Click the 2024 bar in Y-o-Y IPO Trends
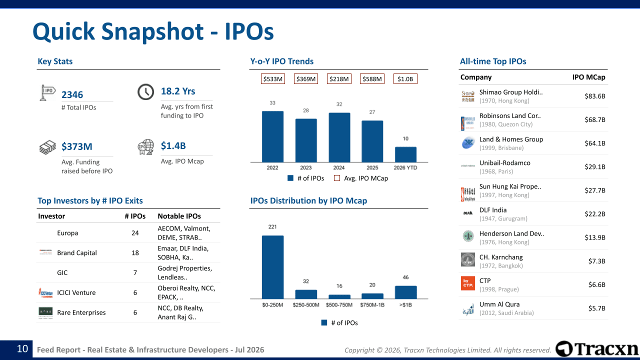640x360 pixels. [x=339, y=137]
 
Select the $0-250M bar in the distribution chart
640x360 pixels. [x=272, y=267]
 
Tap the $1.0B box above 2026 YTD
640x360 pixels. [x=405, y=79]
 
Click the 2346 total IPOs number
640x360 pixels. [x=72, y=94]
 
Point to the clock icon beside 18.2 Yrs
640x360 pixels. [x=145, y=91]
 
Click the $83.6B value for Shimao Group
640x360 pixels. [x=595, y=96]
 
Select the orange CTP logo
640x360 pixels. [x=467, y=283]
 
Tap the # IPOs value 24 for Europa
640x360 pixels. [x=135, y=233]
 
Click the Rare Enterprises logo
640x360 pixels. [x=45, y=312]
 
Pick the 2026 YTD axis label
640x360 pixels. [x=405, y=167]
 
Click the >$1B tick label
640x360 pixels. [x=405, y=305]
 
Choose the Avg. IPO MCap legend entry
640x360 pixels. [x=361, y=178]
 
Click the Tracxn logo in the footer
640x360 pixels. [x=596, y=349]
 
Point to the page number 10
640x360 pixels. [x=22, y=349]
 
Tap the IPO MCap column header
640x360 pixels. [x=588, y=77]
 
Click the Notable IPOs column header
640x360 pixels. [x=179, y=216]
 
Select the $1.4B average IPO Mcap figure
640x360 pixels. [x=173, y=145]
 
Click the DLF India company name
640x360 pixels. [x=493, y=210]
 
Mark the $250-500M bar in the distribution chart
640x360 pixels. [x=306, y=294]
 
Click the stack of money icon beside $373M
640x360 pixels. [x=47, y=147]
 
